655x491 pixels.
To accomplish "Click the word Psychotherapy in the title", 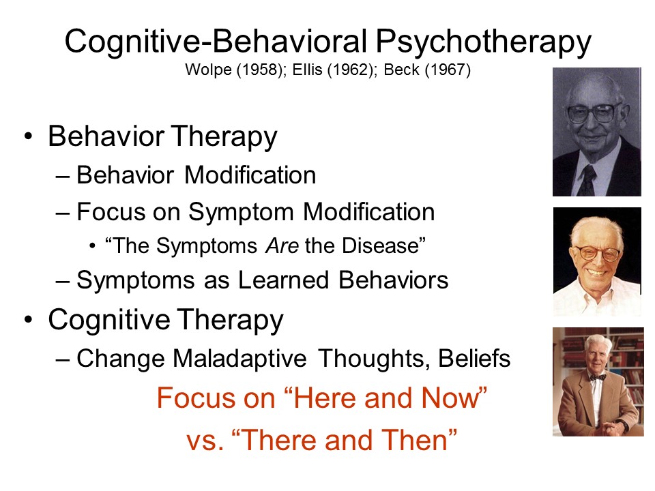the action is click(x=483, y=42).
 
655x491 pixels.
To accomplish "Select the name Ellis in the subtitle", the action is click(x=307, y=70).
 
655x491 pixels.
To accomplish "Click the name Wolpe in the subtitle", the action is click(x=209, y=70).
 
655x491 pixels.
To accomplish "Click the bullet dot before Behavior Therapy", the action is click(x=28, y=136).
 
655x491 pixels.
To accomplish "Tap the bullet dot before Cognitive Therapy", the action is click(x=28, y=320).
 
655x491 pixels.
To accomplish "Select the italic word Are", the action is click(x=282, y=245).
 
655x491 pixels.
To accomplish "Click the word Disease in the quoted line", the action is click(x=380, y=245).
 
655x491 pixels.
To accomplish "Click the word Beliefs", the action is click(x=474, y=358).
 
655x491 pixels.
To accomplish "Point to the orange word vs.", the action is click(x=204, y=441).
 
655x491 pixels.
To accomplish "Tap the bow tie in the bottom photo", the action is click(x=597, y=377).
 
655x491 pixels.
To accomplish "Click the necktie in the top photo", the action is click(x=588, y=179).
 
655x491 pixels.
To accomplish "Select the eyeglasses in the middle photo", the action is click(x=598, y=253).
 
